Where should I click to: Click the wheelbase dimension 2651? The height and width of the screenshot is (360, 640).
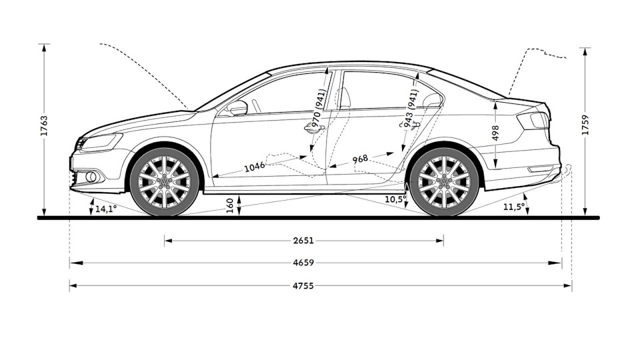click(303, 241)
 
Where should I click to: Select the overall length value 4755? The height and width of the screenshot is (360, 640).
click(303, 286)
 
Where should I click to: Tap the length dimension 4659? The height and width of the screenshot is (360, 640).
click(303, 263)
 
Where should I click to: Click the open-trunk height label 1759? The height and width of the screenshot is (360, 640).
click(585, 125)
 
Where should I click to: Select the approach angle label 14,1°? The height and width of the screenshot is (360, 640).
click(105, 209)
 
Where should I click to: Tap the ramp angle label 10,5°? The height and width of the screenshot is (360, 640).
click(395, 199)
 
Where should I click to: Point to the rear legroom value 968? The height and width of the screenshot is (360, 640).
click(361, 159)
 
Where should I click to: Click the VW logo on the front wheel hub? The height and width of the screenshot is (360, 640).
click(164, 181)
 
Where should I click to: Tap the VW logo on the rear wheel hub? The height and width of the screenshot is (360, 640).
click(444, 181)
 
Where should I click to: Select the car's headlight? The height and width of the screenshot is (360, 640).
click(101, 142)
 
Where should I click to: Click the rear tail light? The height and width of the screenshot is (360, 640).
click(533, 121)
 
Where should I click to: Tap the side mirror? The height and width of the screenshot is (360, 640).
click(237, 107)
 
